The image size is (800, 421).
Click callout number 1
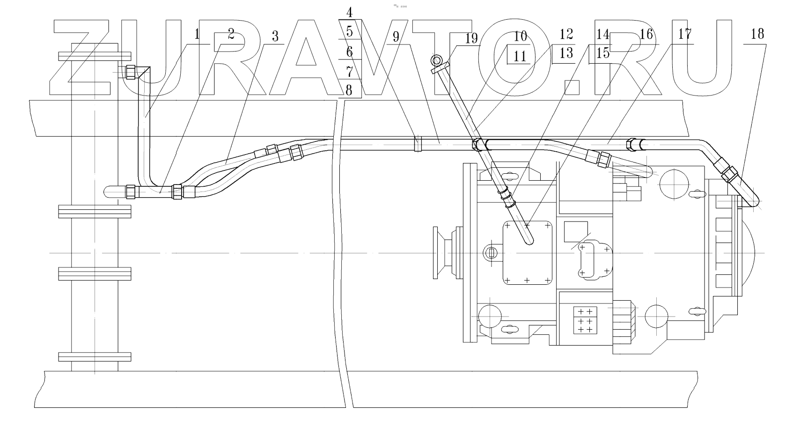(x=197, y=34)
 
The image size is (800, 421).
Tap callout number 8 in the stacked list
(x=349, y=90)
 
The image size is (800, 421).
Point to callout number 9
(x=396, y=37)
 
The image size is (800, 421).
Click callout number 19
(x=471, y=38)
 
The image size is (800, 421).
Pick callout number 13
(x=566, y=53)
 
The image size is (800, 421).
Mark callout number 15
(x=603, y=53)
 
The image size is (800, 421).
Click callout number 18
(x=756, y=34)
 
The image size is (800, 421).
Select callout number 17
(x=684, y=34)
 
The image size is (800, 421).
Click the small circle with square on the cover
(x=491, y=253)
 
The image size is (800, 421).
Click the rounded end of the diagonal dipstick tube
(x=529, y=240)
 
